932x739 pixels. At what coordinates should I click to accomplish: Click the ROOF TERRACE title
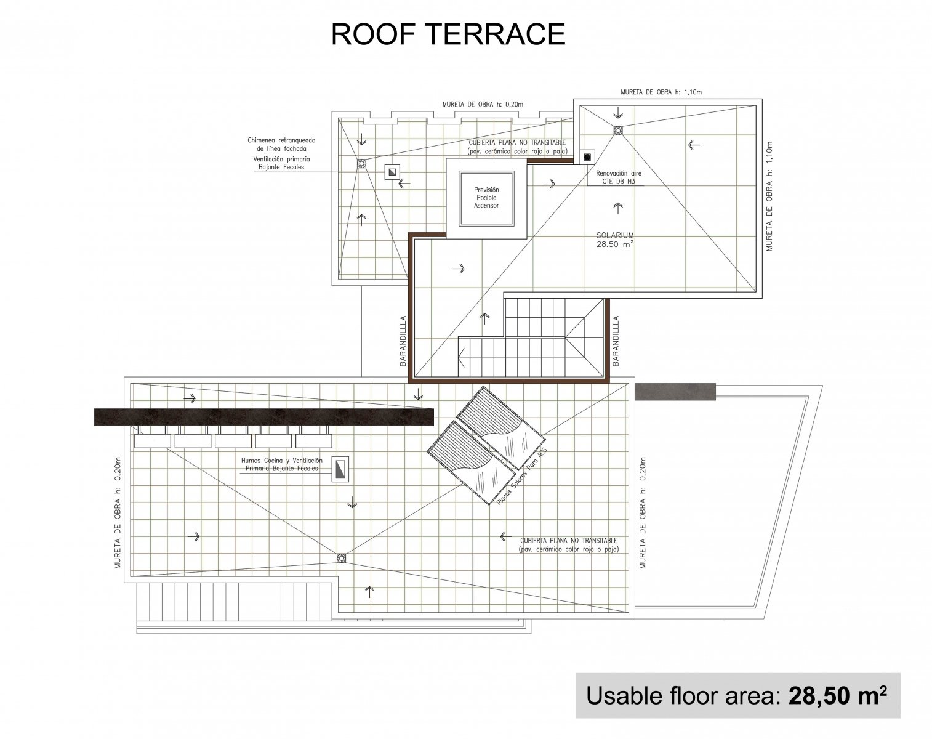tap(448, 34)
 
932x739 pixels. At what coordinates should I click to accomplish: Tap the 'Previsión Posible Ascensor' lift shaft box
tap(486, 198)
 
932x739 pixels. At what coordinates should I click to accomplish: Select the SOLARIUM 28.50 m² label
tap(615, 240)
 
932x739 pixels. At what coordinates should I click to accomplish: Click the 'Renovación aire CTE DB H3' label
tap(619, 177)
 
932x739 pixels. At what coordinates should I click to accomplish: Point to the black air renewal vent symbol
tap(587, 157)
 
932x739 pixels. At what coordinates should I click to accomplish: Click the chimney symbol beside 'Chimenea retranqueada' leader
tap(392, 172)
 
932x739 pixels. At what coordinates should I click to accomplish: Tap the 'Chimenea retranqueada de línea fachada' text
tap(281, 144)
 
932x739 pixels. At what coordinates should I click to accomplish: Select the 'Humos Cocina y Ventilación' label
tap(282, 460)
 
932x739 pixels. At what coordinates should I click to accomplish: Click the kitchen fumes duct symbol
tap(340, 469)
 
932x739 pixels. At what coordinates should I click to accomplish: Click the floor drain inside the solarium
tap(618, 130)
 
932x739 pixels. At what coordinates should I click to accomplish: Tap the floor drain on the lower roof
tap(341, 559)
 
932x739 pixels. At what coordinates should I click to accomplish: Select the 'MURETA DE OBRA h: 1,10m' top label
tap(661, 92)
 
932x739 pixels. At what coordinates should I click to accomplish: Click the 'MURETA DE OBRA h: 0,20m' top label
tap(483, 105)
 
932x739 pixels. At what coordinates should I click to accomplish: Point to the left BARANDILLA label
tap(403, 341)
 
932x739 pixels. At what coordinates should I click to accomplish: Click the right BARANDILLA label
tap(616, 341)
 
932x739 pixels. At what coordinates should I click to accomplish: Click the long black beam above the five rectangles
tap(263, 417)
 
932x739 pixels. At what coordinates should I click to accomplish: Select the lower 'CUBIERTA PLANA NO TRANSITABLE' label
tap(569, 545)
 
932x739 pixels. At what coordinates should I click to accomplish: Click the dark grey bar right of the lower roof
tap(675, 392)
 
